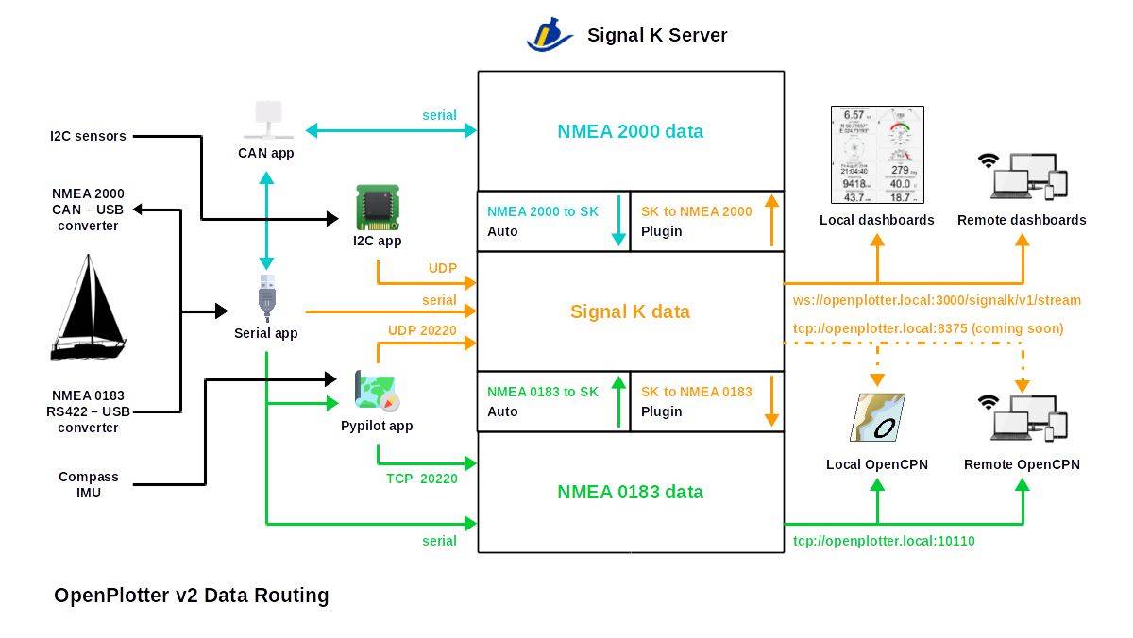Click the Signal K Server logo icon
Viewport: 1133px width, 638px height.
550,34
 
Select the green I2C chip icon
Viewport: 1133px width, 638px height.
377,208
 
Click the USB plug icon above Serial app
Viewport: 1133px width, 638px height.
267,298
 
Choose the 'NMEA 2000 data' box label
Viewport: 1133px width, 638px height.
630,131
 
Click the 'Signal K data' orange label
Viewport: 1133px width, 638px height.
630,311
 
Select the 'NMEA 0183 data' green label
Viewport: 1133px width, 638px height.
630,492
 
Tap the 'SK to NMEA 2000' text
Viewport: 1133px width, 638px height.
696,211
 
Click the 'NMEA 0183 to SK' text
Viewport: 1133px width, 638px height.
542,392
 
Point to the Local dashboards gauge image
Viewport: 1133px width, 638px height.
877,155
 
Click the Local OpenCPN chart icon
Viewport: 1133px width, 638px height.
877,417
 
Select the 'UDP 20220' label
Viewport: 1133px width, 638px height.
422,330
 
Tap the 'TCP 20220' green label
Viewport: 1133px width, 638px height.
422,478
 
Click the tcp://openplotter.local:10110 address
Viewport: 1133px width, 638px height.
884,541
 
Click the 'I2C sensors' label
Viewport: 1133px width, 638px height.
88,136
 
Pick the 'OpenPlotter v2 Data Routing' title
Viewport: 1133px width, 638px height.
192,596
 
